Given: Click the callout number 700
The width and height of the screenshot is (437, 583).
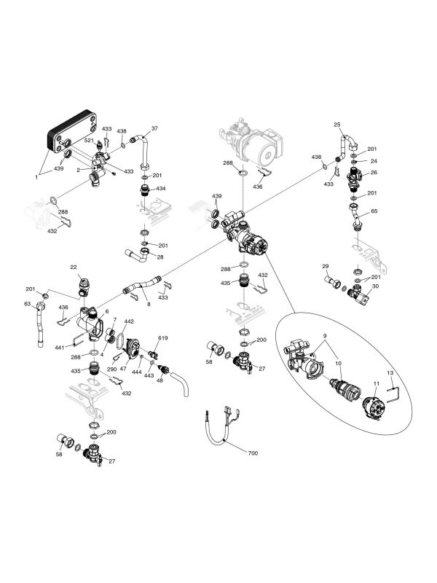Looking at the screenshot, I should coord(253,453).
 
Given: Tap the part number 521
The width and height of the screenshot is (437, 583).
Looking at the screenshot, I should coord(89,140).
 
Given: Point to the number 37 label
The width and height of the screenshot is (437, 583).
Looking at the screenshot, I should coord(154,128).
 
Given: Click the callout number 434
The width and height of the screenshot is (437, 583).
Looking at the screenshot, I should coord(160,189).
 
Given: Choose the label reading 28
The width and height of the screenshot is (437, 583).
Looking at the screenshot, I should coord(160,257).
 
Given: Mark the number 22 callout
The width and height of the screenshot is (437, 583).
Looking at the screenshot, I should coord(74,267).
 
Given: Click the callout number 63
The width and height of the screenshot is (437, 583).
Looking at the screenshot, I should coord(28,304).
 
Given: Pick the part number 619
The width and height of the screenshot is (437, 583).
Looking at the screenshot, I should coord(162,338).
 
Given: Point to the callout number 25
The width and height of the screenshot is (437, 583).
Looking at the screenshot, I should coord(338,125).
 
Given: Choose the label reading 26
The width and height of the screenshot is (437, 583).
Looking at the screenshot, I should coord(373,173).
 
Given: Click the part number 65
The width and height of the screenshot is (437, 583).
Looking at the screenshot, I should coord(374,211).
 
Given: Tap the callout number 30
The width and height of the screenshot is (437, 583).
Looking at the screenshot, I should coord(374,286).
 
